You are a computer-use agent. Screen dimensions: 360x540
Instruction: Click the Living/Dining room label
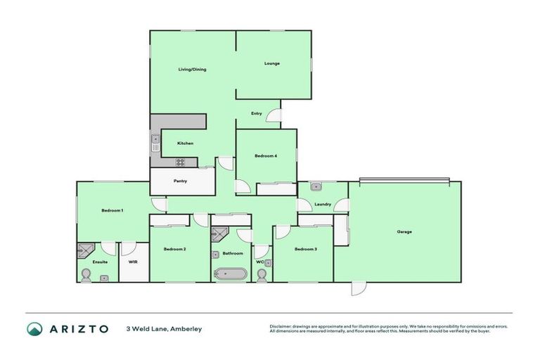(191, 69)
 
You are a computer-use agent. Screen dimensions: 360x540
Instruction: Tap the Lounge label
(272, 63)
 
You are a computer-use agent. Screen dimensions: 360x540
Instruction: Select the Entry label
(257, 113)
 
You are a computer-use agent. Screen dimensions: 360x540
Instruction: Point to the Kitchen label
(185, 143)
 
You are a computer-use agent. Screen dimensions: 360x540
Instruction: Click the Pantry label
(180, 181)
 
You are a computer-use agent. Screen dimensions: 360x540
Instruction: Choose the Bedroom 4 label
(265, 155)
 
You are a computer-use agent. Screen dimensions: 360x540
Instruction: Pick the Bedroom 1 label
(112, 210)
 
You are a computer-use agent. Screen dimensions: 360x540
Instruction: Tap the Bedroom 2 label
(174, 249)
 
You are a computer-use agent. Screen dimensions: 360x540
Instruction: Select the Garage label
(404, 231)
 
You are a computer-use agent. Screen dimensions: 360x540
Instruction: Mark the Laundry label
(323, 205)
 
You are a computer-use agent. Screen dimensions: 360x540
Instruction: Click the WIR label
(133, 262)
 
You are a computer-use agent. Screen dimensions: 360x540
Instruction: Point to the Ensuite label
(100, 262)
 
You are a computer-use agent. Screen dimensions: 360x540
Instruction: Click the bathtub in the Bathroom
(231, 274)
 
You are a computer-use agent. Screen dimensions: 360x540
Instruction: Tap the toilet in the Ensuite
(86, 275)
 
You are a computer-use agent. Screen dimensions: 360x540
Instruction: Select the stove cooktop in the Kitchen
(180, 162)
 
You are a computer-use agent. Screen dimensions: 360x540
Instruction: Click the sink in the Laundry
(316, 187)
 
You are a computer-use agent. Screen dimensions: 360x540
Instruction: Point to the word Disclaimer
(281, 326)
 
